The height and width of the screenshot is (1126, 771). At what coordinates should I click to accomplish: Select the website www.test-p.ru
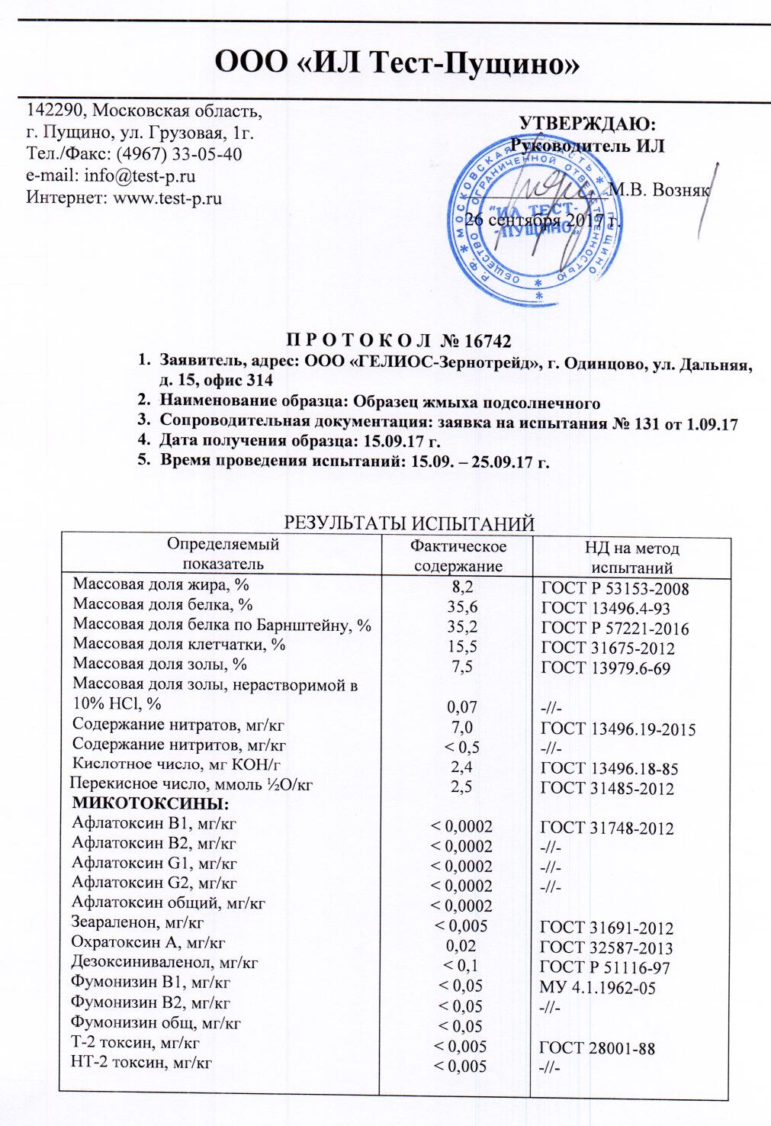click(x=167, y=198)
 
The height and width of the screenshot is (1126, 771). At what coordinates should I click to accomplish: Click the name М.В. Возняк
click(x=659, y=190)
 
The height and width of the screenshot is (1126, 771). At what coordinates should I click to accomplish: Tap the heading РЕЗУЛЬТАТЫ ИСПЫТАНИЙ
click(x=409, y=523)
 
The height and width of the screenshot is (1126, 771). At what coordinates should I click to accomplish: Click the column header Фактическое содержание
click(x=458, y=555)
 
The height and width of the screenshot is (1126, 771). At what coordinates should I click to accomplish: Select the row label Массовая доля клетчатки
click(x=178, y=645)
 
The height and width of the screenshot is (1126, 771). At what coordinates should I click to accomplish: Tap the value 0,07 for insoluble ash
click(x=462, y=707)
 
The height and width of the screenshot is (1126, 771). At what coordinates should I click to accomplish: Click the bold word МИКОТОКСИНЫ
click(x=151, y=803)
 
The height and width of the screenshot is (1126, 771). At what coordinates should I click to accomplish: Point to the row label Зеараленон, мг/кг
click(x=137, y=922)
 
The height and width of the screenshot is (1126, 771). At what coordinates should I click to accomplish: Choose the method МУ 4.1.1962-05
click(x=597, y=987)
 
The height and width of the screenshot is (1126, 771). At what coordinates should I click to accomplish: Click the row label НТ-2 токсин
click(x=141, y=1062)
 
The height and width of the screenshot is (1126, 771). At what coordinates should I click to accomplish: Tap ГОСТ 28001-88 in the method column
click(x=596, y=1047)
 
